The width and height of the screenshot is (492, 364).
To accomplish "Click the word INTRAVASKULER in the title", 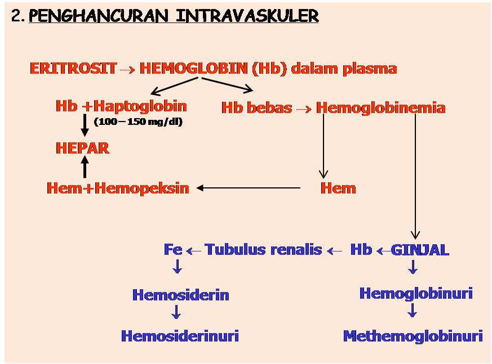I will coord(247,16).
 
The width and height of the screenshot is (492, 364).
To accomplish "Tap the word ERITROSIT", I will coord(73,69).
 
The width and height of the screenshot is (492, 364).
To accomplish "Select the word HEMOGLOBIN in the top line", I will coord(193,69).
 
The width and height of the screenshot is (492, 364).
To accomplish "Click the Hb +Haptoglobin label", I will coord(121,106).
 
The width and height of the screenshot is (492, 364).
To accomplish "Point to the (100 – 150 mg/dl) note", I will coord(138,122).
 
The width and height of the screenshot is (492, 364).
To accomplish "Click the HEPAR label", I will coord(82,148).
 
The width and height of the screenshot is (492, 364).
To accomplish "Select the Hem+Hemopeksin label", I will coord(118,188).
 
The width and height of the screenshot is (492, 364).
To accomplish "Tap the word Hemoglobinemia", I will coord(381,107).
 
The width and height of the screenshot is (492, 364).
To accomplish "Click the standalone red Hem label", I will coord(338,188).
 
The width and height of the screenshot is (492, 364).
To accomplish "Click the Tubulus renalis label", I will coord(263,250).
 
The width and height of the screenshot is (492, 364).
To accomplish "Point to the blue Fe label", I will coord(173,250).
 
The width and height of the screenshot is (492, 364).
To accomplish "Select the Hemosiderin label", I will coord(181,295).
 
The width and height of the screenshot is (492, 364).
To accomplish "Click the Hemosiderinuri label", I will coord(180,336).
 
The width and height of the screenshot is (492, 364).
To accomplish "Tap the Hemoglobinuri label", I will coord(416,293).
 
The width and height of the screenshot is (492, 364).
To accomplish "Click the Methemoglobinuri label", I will coord(413,336).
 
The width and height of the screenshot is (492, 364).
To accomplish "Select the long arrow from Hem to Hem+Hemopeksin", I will coord(249,188).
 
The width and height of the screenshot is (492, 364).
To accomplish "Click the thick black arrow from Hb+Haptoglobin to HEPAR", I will coord(85,125).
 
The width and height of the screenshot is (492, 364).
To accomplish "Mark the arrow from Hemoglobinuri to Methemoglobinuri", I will coord(413,311).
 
